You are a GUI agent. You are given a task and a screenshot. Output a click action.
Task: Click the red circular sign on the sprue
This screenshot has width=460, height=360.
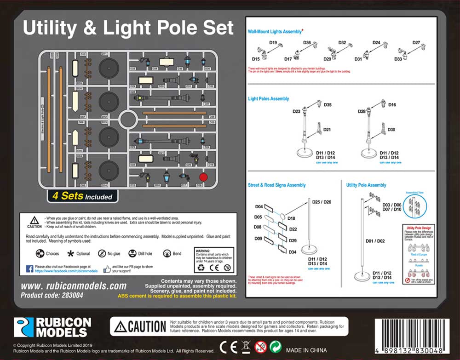tap(203, 177)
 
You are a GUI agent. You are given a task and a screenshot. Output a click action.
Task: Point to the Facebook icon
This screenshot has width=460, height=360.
tap(29, 269)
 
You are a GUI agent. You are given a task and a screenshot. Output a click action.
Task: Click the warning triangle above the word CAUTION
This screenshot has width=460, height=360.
tap(34, 220)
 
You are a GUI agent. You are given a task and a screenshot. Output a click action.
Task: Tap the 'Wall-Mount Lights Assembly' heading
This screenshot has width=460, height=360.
tap(275, 32)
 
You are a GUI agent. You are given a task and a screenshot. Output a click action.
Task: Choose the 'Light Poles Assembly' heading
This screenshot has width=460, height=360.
tap(268, 99)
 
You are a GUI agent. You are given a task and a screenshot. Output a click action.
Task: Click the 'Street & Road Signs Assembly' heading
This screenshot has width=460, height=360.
tap(276, 185)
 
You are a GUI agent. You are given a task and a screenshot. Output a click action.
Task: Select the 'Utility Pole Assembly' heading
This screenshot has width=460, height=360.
tap(366, 185)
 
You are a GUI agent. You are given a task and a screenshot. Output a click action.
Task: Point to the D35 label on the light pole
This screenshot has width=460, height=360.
tap(328, 105)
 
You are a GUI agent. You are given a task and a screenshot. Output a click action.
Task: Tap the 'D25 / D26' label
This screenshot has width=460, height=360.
tap(322, 202)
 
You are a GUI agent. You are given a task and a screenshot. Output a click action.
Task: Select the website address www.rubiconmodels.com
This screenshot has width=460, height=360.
tap(74, 286)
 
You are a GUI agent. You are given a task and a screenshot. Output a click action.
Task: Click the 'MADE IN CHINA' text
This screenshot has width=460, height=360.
tap(306, 350)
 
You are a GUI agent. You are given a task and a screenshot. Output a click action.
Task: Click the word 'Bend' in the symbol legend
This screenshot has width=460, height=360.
tap(177, 254)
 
